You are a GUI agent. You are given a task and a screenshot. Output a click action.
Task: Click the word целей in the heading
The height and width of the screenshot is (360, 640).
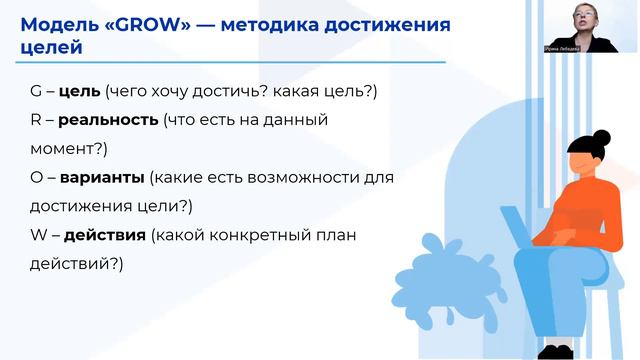coord(47,47)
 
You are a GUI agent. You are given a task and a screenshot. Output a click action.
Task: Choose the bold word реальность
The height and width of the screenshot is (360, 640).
coord(108,120)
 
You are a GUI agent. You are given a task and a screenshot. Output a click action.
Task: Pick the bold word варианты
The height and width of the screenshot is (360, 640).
coord(102,178)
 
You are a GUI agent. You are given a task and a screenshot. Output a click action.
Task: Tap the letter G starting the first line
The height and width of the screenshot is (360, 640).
coord(37,92)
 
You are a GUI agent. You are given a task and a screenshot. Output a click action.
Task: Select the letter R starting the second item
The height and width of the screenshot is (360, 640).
coord(36,120)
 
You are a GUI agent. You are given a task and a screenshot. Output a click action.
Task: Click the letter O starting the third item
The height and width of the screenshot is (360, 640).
coord(37,178)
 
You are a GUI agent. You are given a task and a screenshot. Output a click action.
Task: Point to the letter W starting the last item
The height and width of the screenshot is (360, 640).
coord(39,236)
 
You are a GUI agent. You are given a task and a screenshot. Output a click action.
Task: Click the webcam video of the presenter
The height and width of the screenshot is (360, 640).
coord(592,24)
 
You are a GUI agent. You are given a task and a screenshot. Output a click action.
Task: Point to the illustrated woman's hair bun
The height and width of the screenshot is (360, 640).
coord(601,138)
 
